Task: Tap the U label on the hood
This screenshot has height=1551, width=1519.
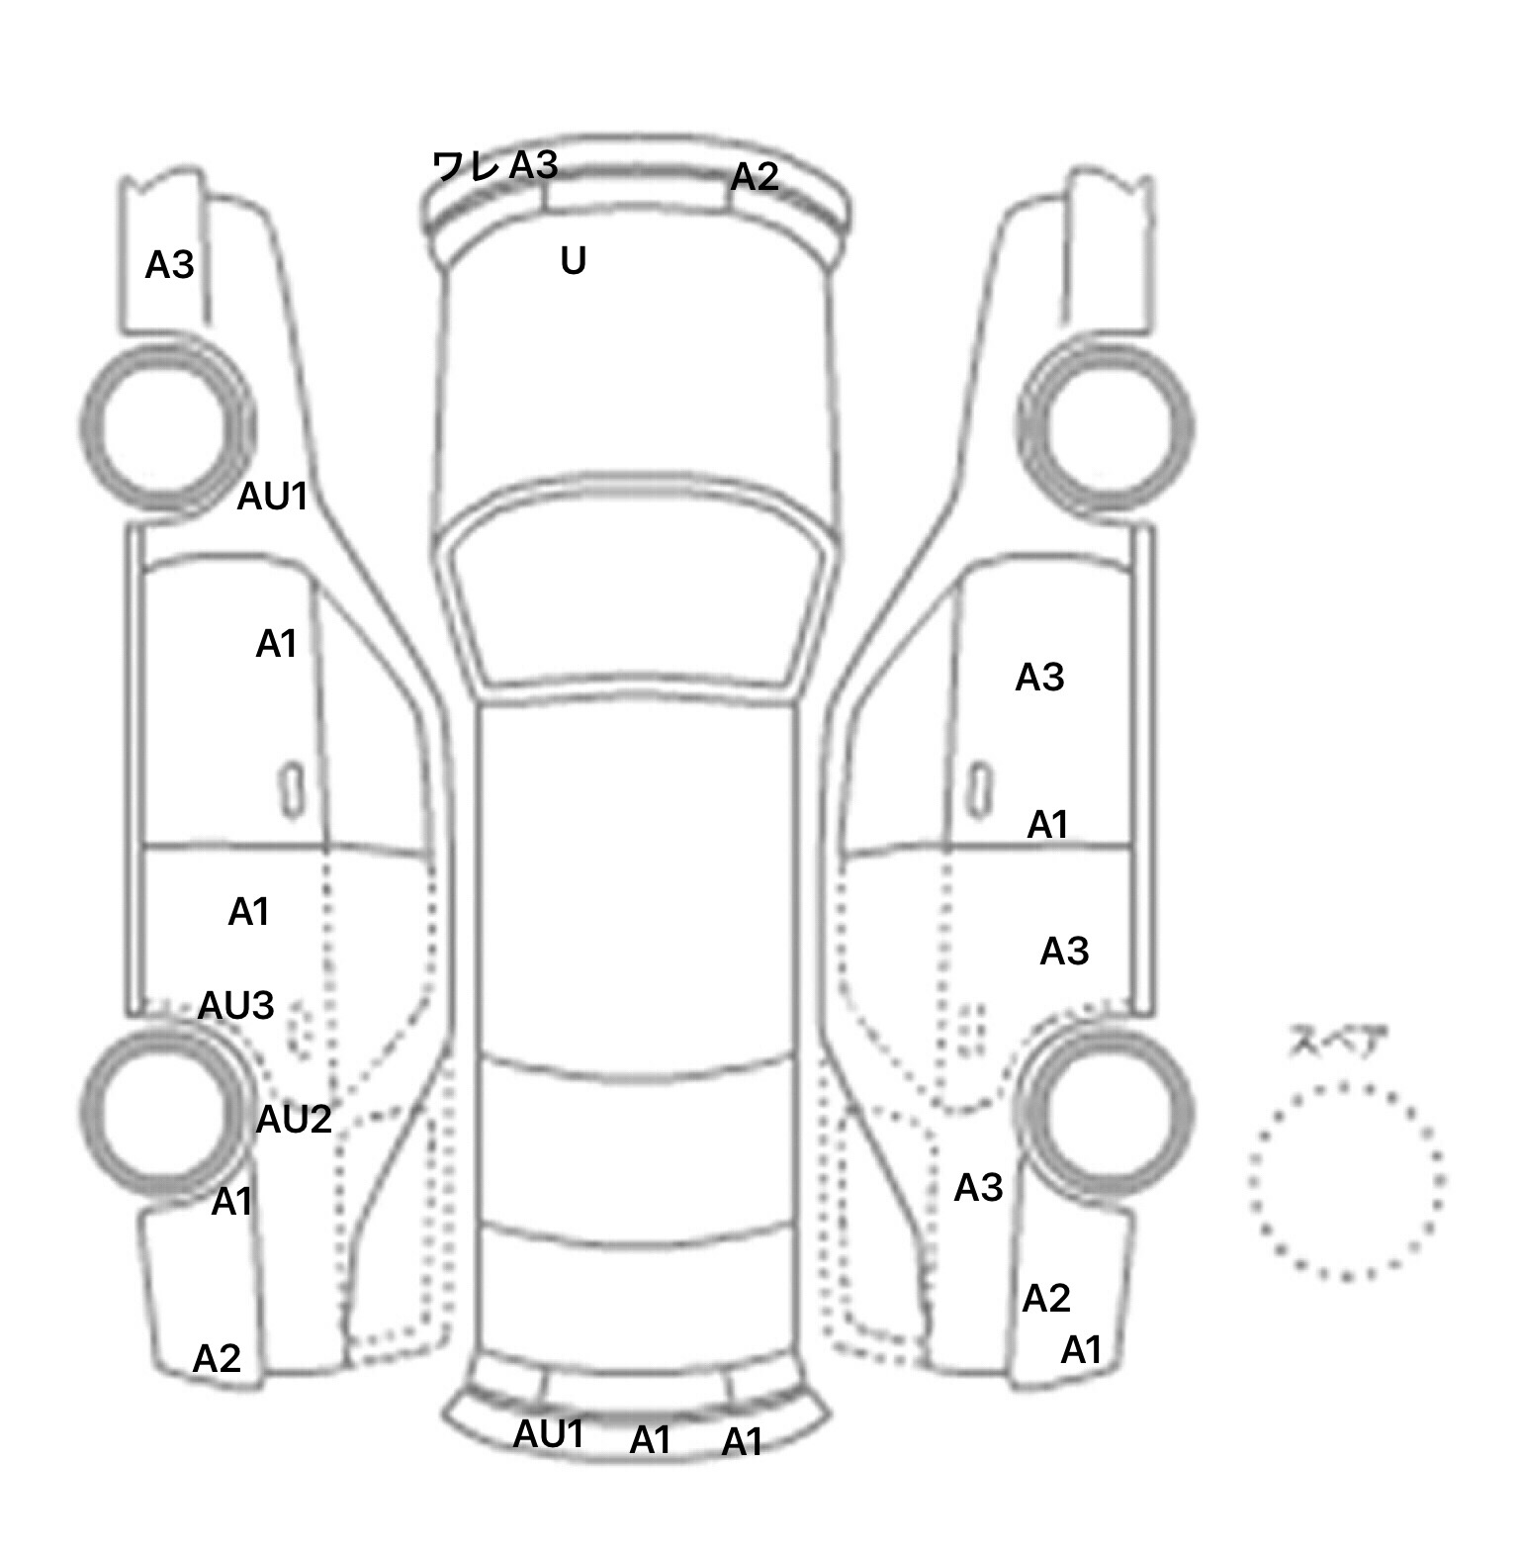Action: [574, 260]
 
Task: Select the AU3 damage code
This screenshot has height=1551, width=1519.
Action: [236, 1005]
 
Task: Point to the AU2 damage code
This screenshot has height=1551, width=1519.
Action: [294, 1120]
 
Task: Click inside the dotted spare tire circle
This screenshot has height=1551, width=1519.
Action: [1347, 1181]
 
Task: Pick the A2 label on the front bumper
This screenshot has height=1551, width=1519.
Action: [755, 177]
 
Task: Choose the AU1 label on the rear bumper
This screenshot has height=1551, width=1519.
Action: [549, 1434]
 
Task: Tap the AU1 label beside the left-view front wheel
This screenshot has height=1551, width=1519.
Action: [273, 497]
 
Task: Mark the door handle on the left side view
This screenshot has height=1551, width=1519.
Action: [291, 789]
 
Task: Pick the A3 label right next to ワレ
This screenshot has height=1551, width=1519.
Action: [534, 165]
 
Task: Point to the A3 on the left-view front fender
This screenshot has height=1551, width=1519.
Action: [170, 265]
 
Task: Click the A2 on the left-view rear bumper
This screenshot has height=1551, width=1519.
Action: [218, 1359]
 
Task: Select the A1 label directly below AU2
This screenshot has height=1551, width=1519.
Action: [233, 1202]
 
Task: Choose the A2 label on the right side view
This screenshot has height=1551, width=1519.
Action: [1046, 1298]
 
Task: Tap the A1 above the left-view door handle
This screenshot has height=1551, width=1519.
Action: [277, 644]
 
